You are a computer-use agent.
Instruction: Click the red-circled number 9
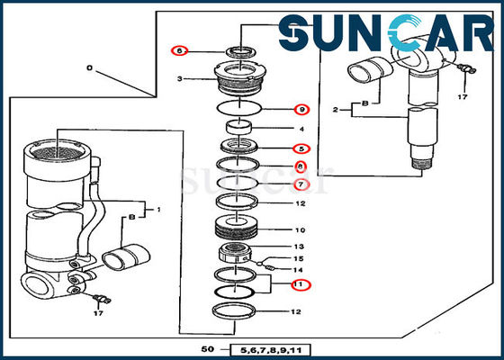pos(302,110)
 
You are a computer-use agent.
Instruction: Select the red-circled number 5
pos(302,148)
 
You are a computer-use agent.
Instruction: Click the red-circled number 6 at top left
pos(179,51)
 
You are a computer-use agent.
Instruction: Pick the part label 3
pos(179,79)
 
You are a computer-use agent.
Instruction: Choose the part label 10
pos(301,230)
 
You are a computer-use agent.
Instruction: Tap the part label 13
pos(301,247)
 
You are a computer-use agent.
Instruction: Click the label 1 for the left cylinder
pos(158,210)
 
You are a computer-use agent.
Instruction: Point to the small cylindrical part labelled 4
pos(240,128)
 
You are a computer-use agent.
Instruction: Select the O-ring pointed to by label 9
pos(240,108)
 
